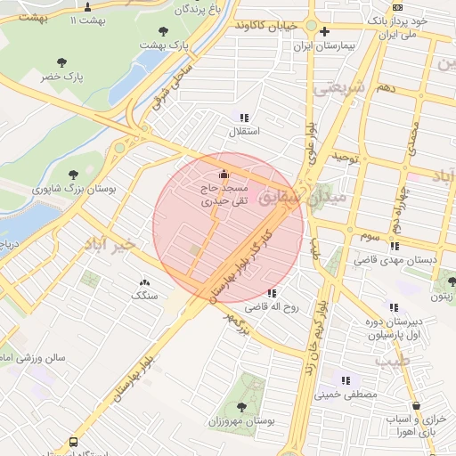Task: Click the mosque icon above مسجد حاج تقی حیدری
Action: pyautogui.click(x=223, y=173)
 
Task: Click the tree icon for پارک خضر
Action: pyautogui.click(x=61, y=62)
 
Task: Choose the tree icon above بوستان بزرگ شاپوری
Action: pyautogui.click(x=73, y=175)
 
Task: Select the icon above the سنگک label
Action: pyautogui.click(x=144, y=281)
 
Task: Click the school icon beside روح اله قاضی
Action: pyautogui.click(x=271, y=293)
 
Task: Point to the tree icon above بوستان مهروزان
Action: pyautogui.click(x=241, y=407)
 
